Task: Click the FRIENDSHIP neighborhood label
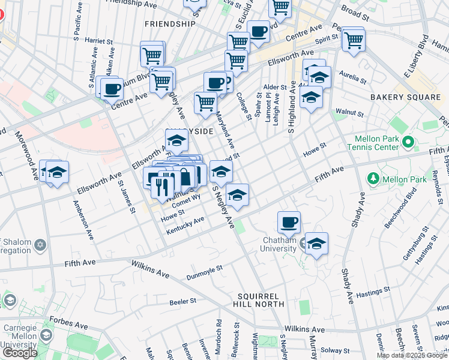tap(170, 24)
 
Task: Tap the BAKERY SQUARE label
tap(405, 97)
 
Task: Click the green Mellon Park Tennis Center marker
tap(408, 143)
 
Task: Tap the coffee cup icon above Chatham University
tap(289, 223)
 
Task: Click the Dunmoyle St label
tap(204, 272)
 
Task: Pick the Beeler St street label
tap(184, 301)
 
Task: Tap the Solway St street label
tap(335, 350)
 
